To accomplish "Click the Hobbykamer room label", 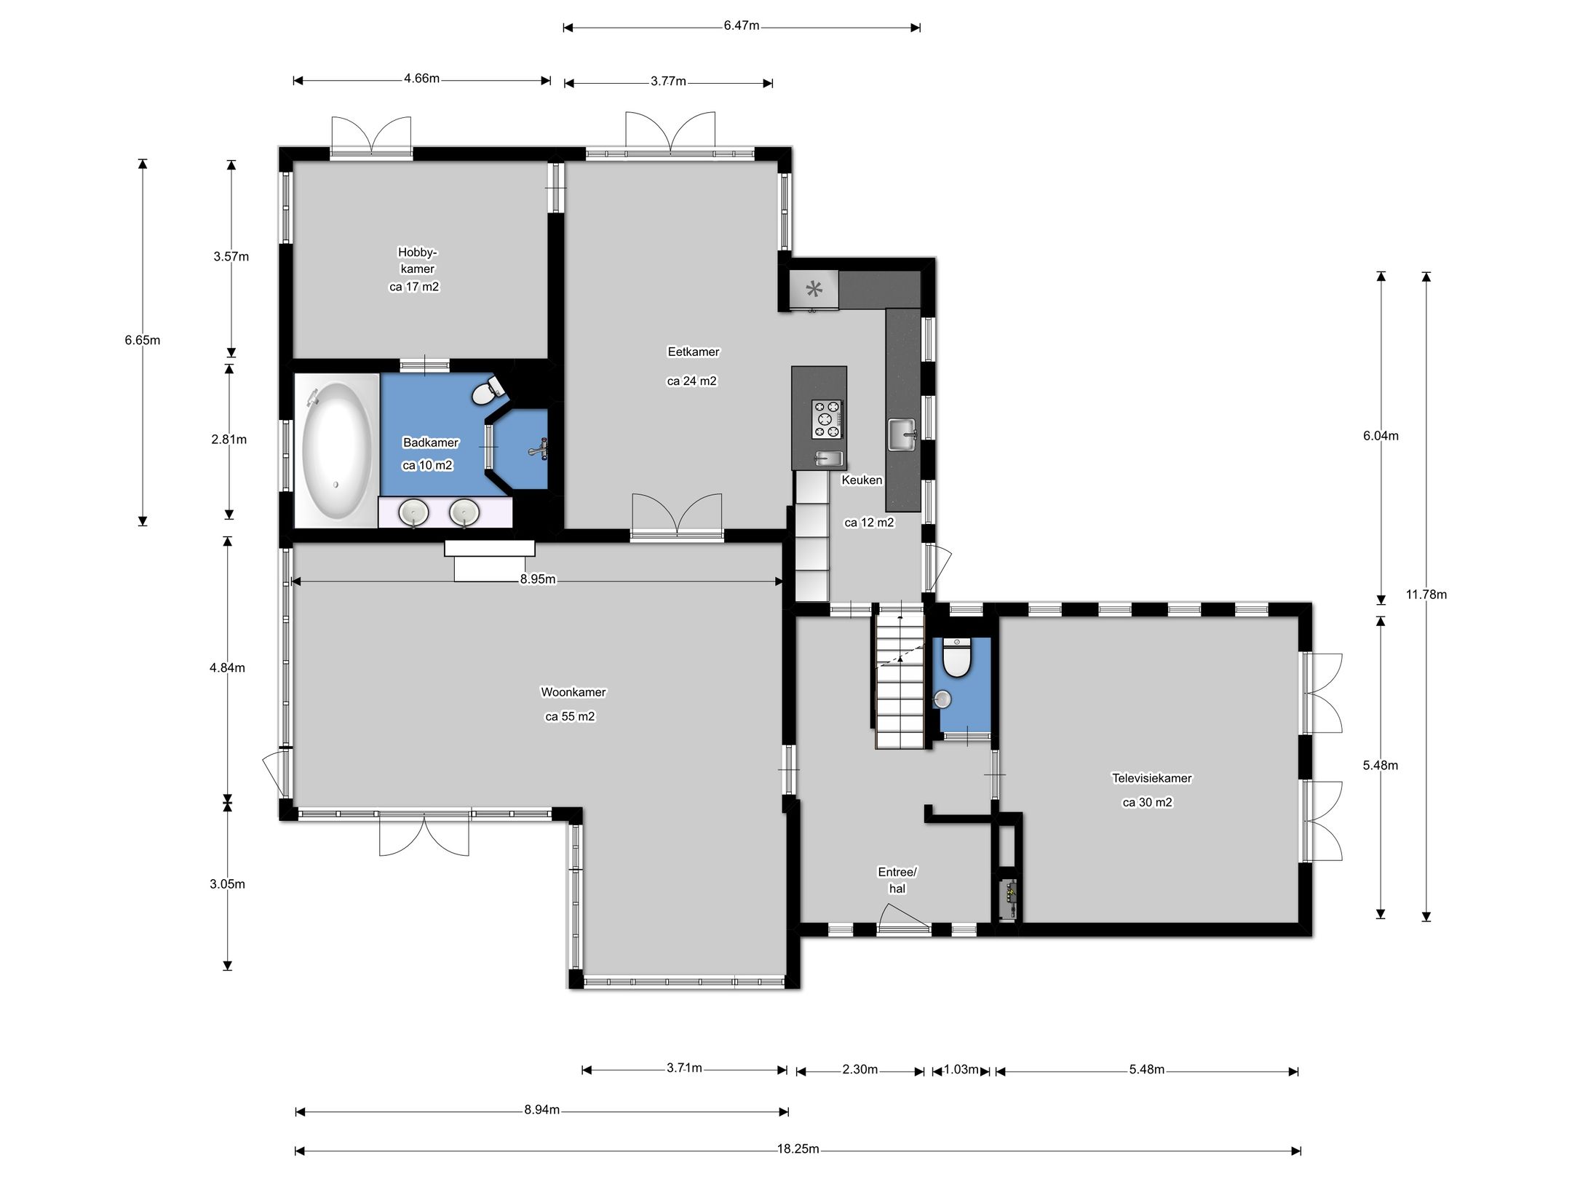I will [417, 261].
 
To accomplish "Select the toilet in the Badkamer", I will [487, 390].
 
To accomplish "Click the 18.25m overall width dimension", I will [798, 1149].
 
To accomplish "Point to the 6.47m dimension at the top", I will [741, 26].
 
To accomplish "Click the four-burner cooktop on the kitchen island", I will [827, 419].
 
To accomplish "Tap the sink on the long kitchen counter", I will [902, 434].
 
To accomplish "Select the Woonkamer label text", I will [573, 692].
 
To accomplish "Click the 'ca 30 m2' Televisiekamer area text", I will [1147, 802].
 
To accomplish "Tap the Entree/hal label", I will [897, 880].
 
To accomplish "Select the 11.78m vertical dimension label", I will [1426, 595].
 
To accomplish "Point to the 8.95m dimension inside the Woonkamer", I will [537, 579].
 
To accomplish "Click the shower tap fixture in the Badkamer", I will [539, 449].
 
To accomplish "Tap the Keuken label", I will [862, 480].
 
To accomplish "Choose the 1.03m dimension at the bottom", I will [961, 1069].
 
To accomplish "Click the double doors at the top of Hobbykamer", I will [371, 136].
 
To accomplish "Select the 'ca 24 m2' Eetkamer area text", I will [691, 381].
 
